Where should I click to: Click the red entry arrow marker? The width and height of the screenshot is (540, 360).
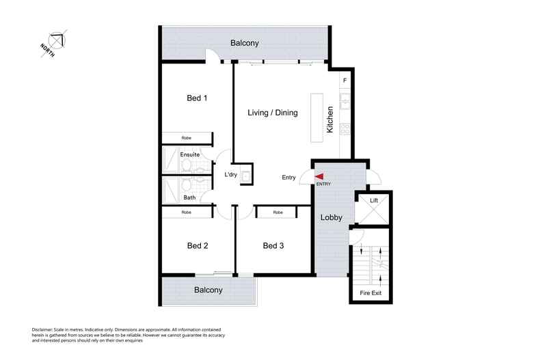click(319, 177)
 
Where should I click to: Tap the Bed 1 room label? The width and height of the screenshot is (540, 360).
click(197, 98)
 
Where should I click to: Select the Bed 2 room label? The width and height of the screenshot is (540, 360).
click(197, 246)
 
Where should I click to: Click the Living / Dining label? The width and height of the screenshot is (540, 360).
click(272, 113)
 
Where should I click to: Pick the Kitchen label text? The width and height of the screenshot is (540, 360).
click(330, 120)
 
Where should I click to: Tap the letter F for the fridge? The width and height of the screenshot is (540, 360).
click(345, 81)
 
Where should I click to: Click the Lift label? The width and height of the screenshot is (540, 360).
click(374, 201)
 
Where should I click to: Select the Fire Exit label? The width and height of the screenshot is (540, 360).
click(373, 293)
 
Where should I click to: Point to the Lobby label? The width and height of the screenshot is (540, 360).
click(332, 218)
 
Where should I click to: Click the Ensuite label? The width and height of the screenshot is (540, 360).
click(189, 154)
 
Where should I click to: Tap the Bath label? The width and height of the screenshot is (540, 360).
click(189, 198)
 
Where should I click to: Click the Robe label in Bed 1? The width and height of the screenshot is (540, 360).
click(187, 138)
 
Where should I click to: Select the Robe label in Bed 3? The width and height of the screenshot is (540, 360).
click(278, 212)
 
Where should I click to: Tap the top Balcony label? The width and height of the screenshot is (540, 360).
click(245, 43)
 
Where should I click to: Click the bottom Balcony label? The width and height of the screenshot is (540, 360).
click(208, 290)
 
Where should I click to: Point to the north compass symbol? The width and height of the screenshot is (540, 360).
click(55, 41)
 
